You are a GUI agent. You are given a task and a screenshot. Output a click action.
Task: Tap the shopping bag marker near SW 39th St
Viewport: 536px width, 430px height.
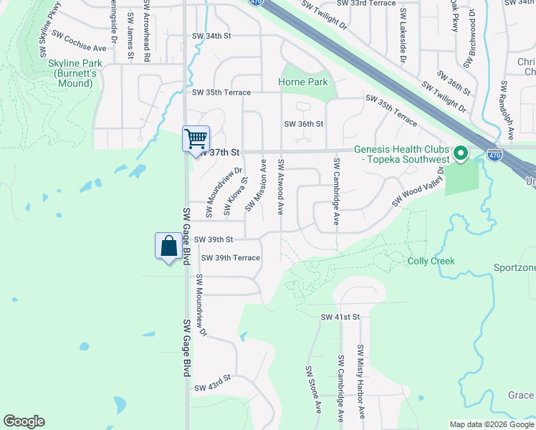[168, 247]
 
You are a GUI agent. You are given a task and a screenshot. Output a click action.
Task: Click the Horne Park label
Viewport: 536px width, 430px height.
[303, 82]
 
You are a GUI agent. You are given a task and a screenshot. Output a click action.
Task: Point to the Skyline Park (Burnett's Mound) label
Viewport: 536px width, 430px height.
[71, 74]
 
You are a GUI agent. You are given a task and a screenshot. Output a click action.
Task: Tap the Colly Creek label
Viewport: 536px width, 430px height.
[431, 261]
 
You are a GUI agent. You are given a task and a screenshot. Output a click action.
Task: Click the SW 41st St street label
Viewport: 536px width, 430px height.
[339, 317]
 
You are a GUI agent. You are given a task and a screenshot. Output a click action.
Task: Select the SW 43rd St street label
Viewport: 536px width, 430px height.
[214, 383]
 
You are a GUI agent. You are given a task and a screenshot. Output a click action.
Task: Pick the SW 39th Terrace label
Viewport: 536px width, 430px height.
[230, 257]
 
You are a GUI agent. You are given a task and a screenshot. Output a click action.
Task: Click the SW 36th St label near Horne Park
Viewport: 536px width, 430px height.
[304, 124]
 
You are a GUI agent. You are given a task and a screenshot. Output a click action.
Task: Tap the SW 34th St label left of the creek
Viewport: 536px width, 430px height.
[211, 36]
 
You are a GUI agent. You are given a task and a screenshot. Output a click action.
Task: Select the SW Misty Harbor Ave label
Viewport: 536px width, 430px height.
[361, 382]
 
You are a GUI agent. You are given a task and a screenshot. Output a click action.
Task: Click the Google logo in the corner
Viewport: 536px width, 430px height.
[24, 421]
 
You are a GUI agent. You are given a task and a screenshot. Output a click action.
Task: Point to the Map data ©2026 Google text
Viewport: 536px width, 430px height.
[491, 424]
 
